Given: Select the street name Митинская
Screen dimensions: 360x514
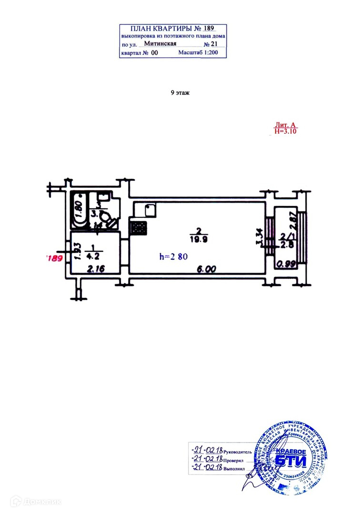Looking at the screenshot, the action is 160,43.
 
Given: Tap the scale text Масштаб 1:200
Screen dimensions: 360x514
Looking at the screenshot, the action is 198,52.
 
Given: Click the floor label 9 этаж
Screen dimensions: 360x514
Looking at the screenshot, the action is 180,93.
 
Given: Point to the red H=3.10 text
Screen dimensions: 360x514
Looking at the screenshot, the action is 286,132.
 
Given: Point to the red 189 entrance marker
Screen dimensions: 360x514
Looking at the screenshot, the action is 53,259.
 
